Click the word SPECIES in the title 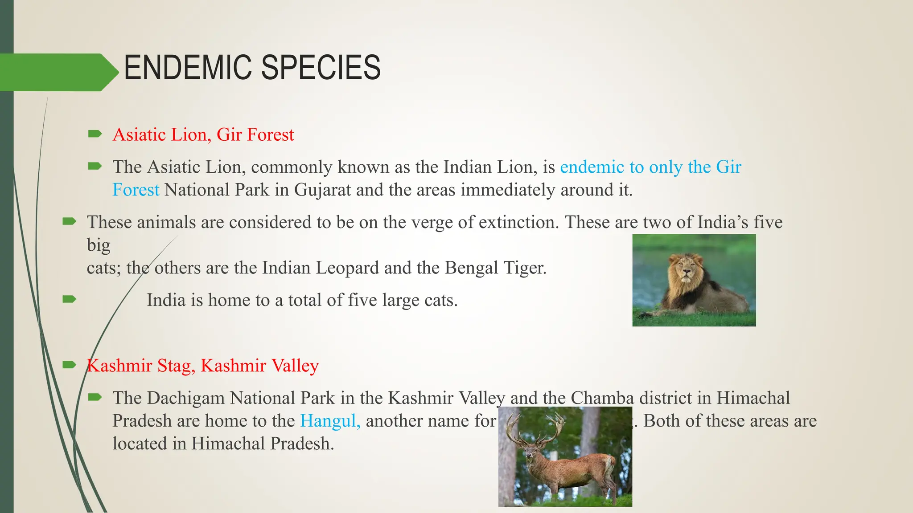point(321,68)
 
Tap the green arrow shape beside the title point(58,72)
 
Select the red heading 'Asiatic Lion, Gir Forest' point(203,134)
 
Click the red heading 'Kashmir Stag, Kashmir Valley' point(203,366)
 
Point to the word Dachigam point(186,398)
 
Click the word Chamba point(602,398)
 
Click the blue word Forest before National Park point(136,190)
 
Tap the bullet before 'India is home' point(70,299)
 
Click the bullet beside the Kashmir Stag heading point(70,365)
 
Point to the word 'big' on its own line point(99,245)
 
